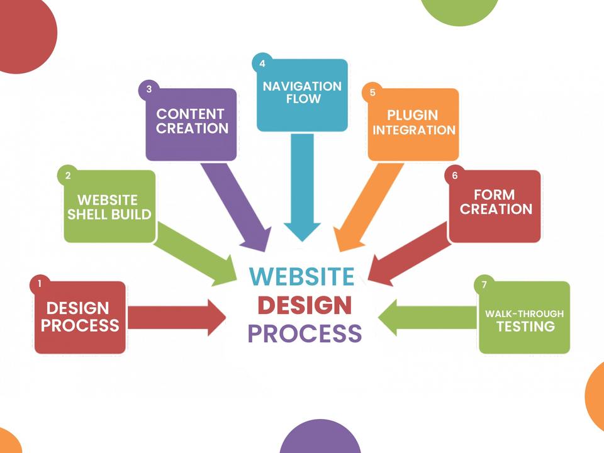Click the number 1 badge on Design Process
(x=39, y=284)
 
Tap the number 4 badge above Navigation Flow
(x=262, y=64)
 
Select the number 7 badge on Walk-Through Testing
(x=484, y=285)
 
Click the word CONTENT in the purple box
(x=190, y=114)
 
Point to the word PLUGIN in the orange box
(x=412, y=115)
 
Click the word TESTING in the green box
(x=525, y=327)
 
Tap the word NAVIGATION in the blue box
(x=302, y=86)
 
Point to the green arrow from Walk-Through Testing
(x=428, y=316)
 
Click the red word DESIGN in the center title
(x=305, y=305)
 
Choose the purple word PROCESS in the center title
(x=305, y=333)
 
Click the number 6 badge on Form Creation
(x=454, y=176)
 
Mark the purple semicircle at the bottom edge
(x=320, y=439)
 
